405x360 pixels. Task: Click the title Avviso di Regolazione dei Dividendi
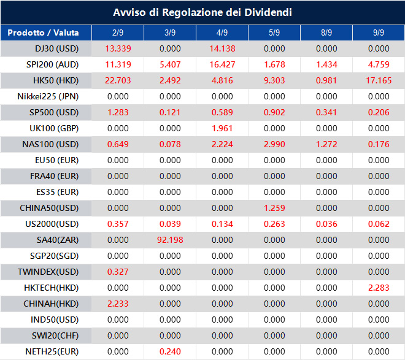202,12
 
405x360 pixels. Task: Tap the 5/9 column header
274,33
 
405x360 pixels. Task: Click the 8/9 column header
326,33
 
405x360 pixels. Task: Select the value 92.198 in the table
170,240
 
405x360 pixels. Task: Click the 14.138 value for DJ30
222,48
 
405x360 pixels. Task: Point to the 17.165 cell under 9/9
379,80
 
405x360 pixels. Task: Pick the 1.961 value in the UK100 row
222,128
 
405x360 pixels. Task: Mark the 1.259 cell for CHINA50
274,208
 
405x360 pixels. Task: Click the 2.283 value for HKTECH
379,288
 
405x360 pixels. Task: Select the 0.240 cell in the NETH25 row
170,351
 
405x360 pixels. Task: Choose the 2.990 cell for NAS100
274,144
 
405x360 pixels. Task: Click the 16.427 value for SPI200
222,64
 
